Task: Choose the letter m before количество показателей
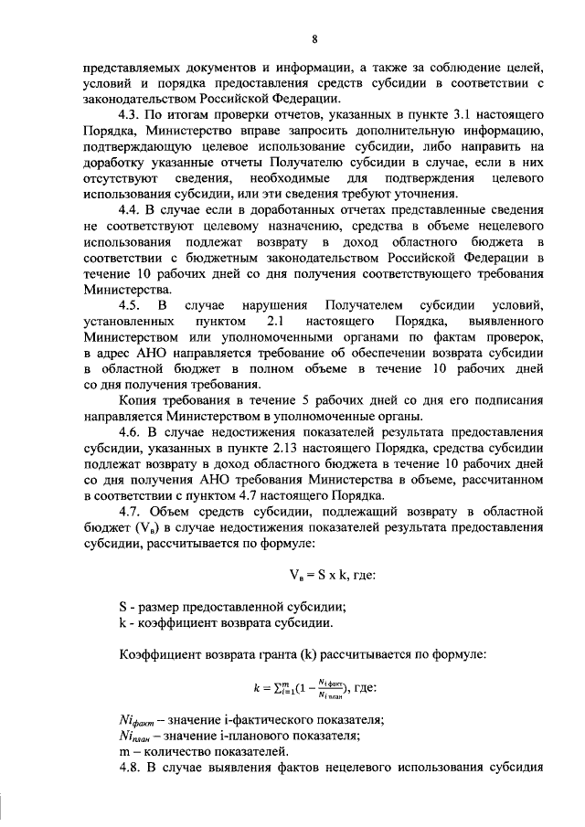[123, 751]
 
